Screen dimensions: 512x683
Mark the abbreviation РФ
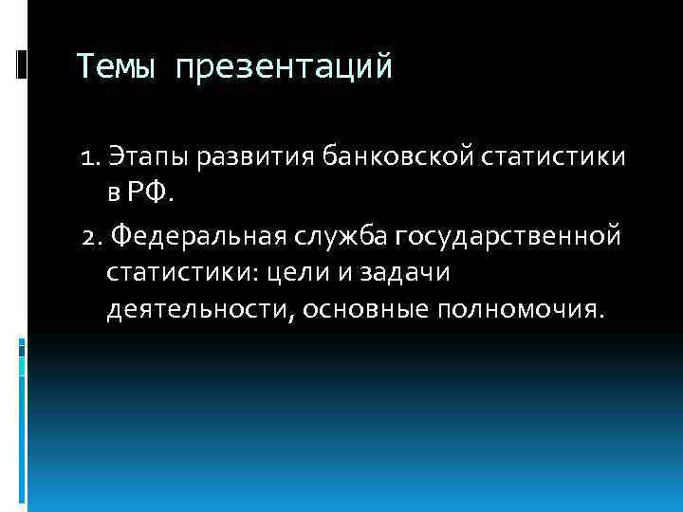[152, 193]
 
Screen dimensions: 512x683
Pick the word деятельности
[195, 312]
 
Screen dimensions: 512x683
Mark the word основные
[360, 312]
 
